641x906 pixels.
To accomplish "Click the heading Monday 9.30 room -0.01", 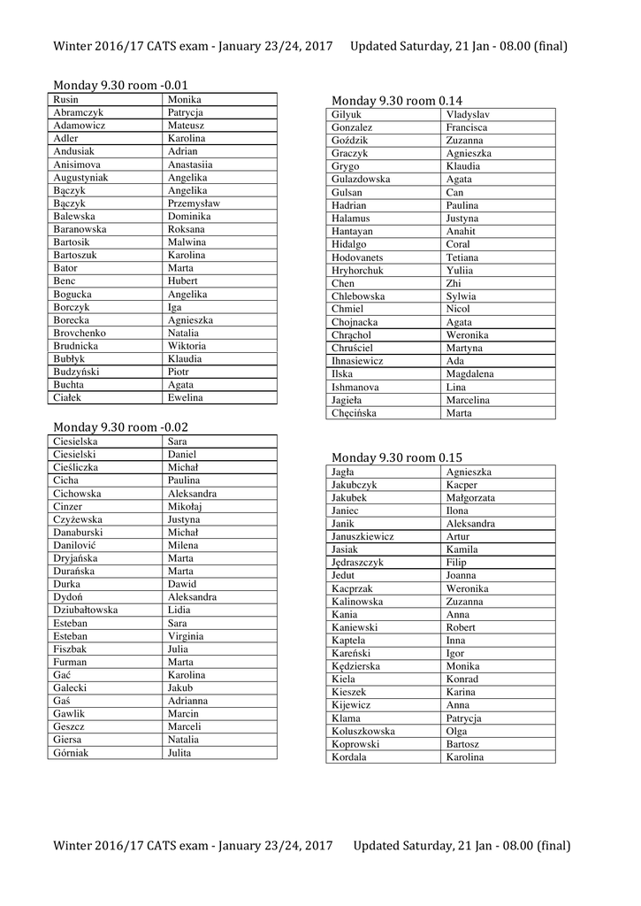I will pyautogui.click(x=120, y=85).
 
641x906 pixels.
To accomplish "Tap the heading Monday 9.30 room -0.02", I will pyautogui.click(x=120, y=426).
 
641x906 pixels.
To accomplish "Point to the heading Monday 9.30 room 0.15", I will pyautogui.click(x=396, y=457).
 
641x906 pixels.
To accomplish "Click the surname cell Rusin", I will pyautogui.click(x=65, y=100).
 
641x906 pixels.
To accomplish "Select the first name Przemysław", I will pyautogui.click(x=194, y=203).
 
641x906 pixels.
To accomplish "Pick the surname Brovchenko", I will pyautogui.click(x=80, y=333).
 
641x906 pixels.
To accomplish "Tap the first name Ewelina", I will pyautogui.click(x=186, y=398).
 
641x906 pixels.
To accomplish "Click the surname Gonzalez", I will pyautogui.click(x=352, y=127).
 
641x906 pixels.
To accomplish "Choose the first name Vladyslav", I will pyautogui.click(x=468, y=115).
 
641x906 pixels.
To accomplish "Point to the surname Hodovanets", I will pyautogui.click(x=357, y=257).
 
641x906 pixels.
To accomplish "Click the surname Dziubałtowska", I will pyautogui.click(x=85, y=610).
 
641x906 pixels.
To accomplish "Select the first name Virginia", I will pyautogui.click(x=186, y=636).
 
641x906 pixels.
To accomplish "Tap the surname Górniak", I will pyautogui.click(x=71, y=753).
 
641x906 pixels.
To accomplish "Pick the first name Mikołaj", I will pyautogui.click(x=186, y=507).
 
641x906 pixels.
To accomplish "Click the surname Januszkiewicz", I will pyautogui.click(x=362, y=537).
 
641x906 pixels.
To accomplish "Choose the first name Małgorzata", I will pyautogui.click(x=470, y=498).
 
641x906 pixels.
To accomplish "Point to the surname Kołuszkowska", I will pyautogui.click(x=363, y=732).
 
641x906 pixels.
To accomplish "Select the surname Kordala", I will pyautogui.click(x=349, y=757).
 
